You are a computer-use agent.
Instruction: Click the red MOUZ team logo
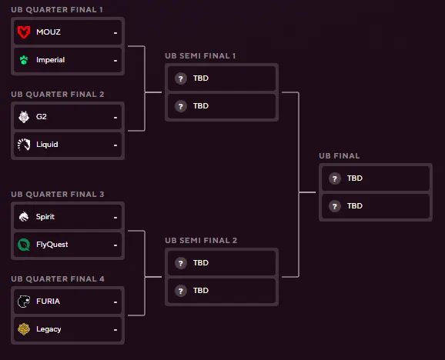click(x=24, y=32)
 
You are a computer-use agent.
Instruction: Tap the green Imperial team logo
click(x=24, y=60)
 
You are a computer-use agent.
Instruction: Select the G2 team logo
click(x=24, y=116)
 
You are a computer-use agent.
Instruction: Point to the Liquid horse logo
click(x=24, y=145)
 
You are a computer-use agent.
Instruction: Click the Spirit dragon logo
click(x=24, y=217)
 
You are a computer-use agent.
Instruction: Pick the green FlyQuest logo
click(x=24, y=245)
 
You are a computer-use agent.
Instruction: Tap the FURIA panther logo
click(x=24, y=302)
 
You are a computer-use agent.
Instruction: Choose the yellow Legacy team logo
click(x=24, y=329)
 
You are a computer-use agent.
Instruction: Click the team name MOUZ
click(x=49, y=32)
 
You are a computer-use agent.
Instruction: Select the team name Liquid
click(x=47, y=145)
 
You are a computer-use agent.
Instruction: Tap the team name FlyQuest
click(x=52, y=245)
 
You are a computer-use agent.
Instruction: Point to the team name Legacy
click(x=49, y=329)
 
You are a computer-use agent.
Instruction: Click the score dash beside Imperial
click(x=115, y=61)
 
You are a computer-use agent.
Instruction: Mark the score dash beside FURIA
click(x=115, y=302)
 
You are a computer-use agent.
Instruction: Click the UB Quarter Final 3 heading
click(x=58, y=194)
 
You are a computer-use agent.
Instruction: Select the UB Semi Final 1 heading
click(x=200, y=56)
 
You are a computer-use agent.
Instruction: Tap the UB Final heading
click(x=340, y=156)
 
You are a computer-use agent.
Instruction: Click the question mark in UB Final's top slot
click(x=335, y=179)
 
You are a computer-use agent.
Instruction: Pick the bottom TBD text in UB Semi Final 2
click(x=201, y=291)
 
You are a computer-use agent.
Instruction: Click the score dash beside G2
click(x=115, y=118)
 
